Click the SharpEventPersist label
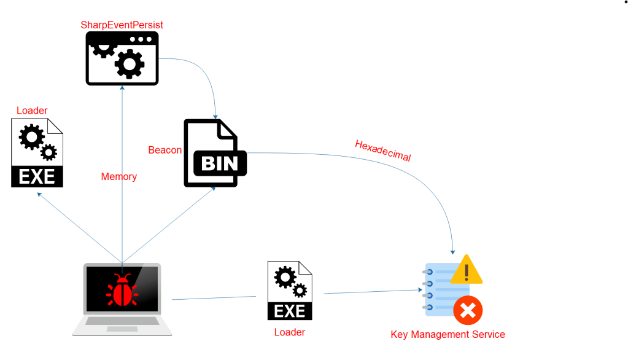click(x=122, y=25)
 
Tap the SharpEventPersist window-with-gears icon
click(x=122, y=58)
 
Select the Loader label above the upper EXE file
click(x=32, y=111)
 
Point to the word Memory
click(x=118, y=177)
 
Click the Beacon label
click(x=165, y=150)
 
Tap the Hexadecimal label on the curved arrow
click(x=382, y=151)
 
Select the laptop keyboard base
click(x=122, y=325)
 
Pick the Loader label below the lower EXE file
click(x=290, y=332)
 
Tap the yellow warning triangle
click(x=466, y=270)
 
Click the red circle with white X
click(x=468, y=311)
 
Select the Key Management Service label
click(x=448, y=335)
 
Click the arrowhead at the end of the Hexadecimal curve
click(x=453, y=251)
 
